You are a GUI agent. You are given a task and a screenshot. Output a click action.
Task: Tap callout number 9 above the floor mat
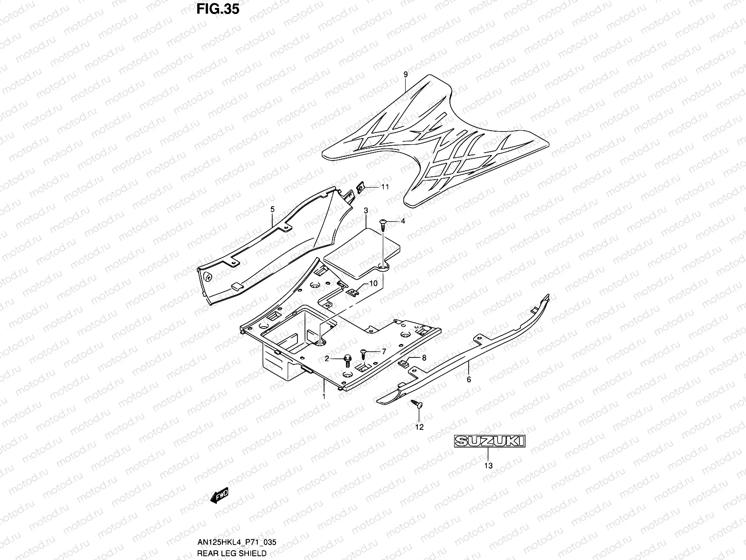pos(405,75)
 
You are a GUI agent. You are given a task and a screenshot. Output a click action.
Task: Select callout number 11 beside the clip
pos(385,187)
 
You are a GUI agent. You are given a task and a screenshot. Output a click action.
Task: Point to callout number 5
pos(273,210)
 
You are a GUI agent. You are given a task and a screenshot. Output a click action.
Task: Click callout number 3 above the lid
pos(366,210)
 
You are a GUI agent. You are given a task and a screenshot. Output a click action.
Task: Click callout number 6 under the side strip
pos(469,379)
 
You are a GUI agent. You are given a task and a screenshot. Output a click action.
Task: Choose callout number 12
pos(420,427)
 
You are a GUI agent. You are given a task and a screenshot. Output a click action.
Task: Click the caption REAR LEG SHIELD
pos(232,553)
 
